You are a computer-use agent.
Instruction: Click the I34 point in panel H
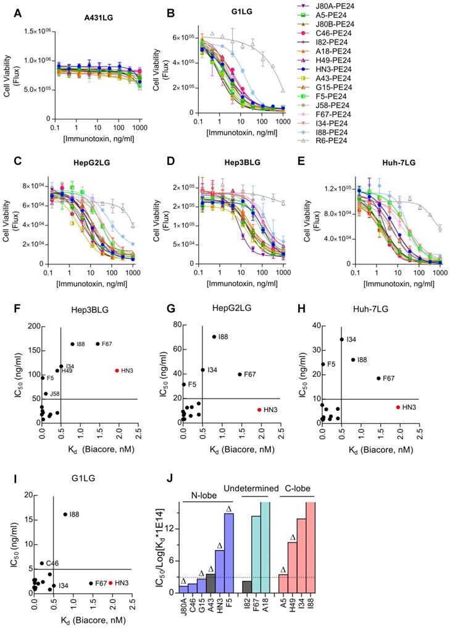click(342, 339)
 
